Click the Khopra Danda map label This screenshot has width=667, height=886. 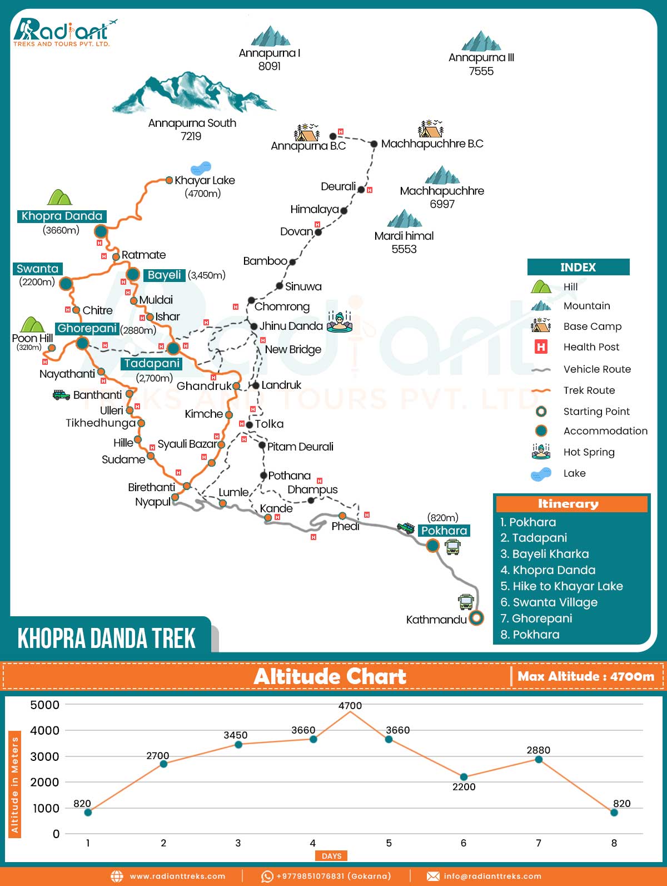click(62, 216)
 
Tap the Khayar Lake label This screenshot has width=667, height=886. click(205, 180)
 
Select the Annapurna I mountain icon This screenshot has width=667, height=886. click(270, 36)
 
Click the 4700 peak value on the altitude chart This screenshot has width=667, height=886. click(350, 706)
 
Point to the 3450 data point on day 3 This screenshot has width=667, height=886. click(238, 744)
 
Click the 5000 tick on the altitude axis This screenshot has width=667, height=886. click(45, 705)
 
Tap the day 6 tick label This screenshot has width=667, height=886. click(464, 843)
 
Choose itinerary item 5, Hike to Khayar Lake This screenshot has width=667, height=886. click(561, 586)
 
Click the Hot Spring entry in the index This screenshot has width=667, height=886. click(589, 452)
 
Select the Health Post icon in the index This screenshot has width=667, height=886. click(541, 347)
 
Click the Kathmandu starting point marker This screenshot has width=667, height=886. click(476, 617)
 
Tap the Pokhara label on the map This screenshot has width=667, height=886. click(444, 531)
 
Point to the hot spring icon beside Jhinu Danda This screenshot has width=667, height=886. click(340, 322)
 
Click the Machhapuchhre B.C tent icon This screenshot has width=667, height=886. click(430, 129)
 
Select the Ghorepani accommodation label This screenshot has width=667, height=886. click(87, 329)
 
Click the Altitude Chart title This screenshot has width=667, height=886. click(330, 676)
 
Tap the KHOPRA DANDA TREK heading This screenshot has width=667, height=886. click(107, 638)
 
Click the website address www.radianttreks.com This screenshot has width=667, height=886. click(177, 876)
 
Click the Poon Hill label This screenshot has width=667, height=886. click(32, 338)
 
